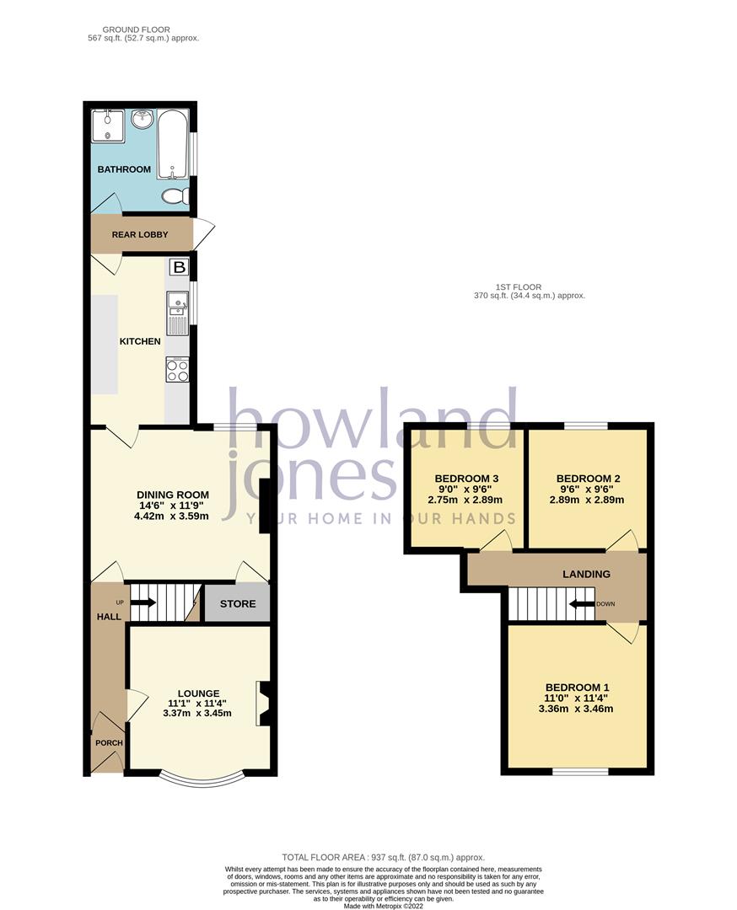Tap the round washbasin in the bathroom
141,120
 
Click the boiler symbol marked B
178,268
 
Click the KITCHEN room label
140,341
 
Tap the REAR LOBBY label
140,235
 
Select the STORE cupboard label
237,604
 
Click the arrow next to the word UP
143,602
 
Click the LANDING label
587,574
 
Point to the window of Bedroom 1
580,771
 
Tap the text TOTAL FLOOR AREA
310,857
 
